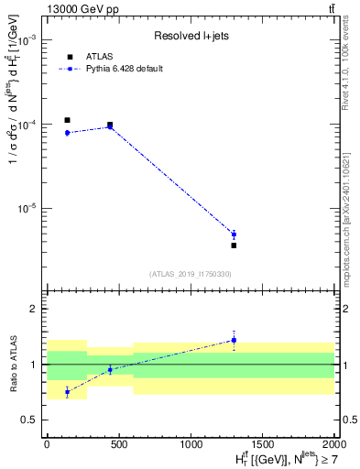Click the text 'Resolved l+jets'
click(190, 37)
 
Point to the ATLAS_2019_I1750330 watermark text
click(190, 274)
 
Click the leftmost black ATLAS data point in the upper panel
click(67, 120)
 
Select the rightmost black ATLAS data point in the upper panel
click(234, 245)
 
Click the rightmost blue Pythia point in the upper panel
click(234, 234)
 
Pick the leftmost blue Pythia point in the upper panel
click(67, 133)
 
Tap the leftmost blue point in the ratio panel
click(67, 392)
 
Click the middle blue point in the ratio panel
click(110, 370)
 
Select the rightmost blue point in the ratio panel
click(234, 341)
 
